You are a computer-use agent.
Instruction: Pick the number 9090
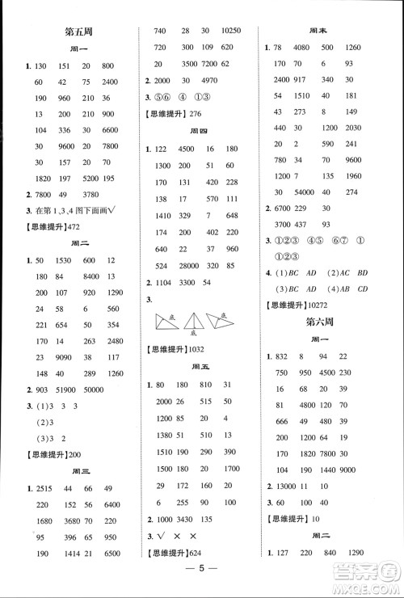(72, 356)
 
